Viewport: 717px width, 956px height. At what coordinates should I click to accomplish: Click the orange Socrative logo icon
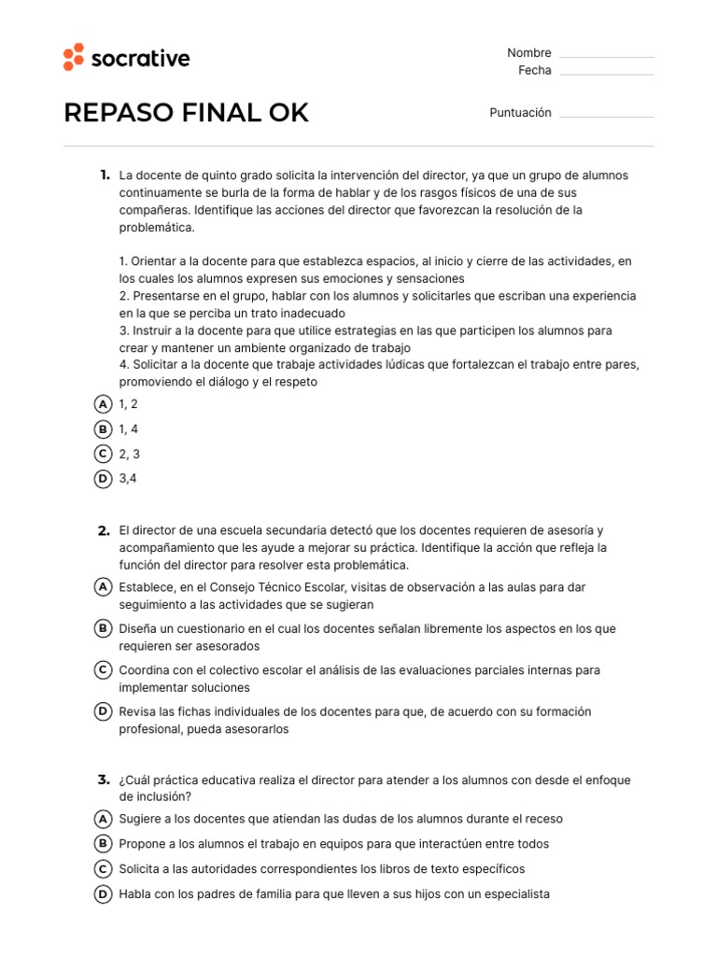pos(74,57)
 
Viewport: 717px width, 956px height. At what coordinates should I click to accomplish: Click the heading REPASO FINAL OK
pos(186,113)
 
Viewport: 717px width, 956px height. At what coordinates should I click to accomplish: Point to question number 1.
pos(104,176)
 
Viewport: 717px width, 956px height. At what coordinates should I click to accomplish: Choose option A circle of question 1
pos(104,404)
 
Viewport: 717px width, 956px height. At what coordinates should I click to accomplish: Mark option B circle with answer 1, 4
pos(104,429)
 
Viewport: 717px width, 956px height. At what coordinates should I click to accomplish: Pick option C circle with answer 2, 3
pos(104,454)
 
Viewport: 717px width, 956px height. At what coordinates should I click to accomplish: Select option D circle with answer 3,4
pos(104,479)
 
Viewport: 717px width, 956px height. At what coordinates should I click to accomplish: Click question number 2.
pos(104,530)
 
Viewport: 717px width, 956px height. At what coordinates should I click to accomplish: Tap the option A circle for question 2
pos(104,587)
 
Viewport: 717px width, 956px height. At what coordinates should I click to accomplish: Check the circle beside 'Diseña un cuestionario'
pos(104,629)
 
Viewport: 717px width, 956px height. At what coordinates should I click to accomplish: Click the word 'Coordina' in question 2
pos(145,670)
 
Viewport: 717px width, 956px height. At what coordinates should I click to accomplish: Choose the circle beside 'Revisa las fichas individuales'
pos(104,712)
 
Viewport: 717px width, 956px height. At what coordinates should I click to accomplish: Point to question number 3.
pos(104,780)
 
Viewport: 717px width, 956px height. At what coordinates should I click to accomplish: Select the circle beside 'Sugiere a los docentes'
pos(104,819)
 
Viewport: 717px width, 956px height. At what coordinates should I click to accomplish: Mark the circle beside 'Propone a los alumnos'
pos(104,844)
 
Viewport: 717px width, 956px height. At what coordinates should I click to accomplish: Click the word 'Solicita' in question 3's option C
pos(140,869)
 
